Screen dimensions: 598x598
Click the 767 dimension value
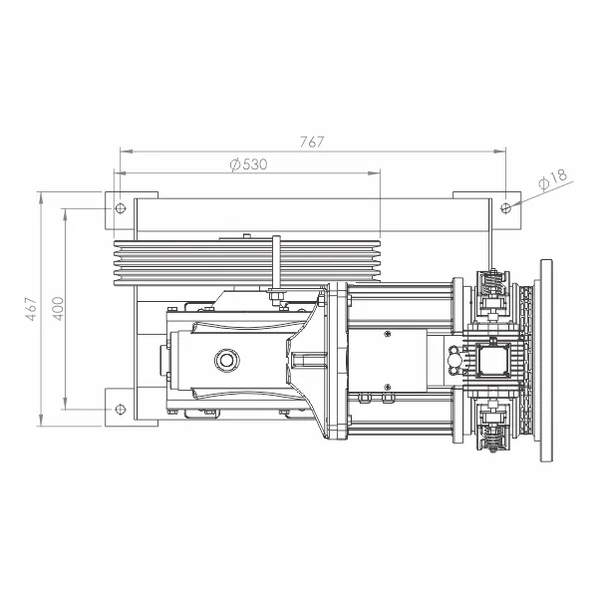(x=312, y=142)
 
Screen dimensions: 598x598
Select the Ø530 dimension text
(x=248, y=164)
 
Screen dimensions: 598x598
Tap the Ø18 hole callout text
(x=552, y=178)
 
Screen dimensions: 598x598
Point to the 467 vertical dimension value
(x=31, y=309)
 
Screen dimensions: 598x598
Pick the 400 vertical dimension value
(x=58, y=309)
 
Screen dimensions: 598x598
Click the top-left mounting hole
(x=121, y=208)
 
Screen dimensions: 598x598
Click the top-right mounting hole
(x=505, y=208)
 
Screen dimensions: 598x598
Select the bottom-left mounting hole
(x=121, y=410)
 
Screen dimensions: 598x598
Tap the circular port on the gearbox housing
(x=227, y=360)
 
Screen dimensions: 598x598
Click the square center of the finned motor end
(x=493, y=360)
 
